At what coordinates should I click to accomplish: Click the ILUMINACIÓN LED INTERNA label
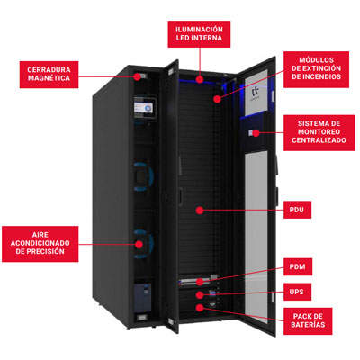199,34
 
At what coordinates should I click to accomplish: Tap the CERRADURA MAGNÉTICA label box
49,75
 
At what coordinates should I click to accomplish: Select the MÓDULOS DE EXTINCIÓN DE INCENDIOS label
316,69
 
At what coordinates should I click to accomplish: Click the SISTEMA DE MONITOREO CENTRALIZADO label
319,132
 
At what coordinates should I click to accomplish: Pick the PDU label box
297,210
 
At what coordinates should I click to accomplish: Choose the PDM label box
298,266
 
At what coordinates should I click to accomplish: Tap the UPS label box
297,292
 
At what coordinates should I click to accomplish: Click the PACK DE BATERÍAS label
308,321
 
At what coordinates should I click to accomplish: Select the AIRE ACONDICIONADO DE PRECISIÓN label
40,244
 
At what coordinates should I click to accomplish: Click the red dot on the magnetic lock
137,76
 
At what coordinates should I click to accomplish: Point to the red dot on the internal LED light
200,79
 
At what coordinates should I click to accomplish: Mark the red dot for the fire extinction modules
218,99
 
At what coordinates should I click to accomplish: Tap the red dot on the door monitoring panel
256,132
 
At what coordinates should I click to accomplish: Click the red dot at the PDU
200,210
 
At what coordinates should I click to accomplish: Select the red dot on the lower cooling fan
139,244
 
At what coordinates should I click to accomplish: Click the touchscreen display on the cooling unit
145,108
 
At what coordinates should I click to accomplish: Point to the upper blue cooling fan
143,176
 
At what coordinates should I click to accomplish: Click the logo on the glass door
256,94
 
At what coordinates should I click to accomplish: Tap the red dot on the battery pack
200,308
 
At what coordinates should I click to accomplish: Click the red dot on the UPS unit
200,294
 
